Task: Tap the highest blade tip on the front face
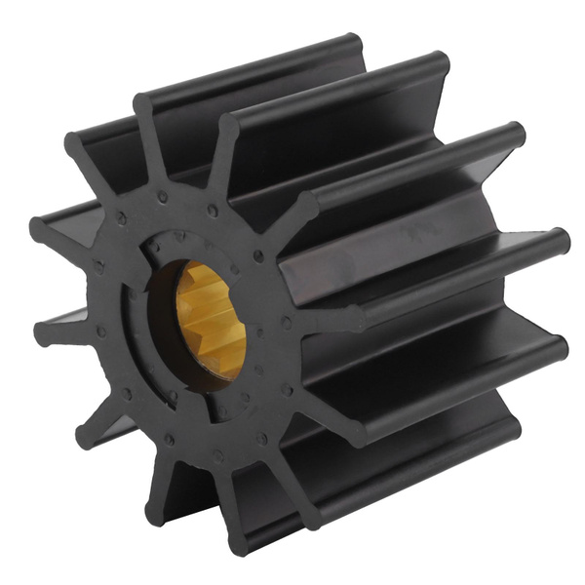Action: [143, 105]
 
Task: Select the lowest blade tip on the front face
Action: [156, 511]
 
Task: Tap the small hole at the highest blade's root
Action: [162, 197]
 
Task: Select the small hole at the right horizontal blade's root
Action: [286, 322]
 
